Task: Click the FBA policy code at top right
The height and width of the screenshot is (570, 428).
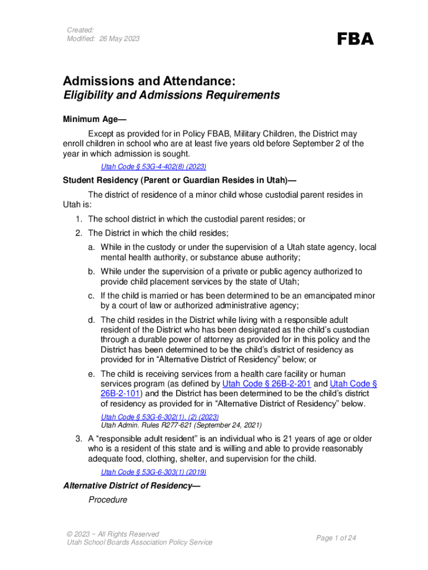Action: (356, 39)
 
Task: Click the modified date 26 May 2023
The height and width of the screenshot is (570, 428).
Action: (103, 38)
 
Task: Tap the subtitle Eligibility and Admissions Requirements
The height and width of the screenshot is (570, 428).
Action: (171, 95)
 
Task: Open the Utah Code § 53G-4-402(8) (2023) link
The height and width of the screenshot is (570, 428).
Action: (153, 166)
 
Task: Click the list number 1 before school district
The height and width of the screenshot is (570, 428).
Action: (79, 219)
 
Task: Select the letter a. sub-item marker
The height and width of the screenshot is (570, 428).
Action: (91, 247)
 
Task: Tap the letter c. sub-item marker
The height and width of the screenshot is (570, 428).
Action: (91, 295)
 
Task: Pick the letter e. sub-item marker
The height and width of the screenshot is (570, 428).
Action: (91, 374)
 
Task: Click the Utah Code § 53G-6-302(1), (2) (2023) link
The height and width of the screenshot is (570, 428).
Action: (160, 417)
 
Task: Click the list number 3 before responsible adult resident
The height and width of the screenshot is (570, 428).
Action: (79, 439)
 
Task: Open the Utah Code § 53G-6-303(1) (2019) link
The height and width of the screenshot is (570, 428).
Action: (153, 472)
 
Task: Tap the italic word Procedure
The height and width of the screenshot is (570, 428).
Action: (108, 499)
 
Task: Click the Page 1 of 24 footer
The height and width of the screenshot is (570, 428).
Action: (336, 538)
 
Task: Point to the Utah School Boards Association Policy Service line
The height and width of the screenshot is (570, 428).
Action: (140, 542)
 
